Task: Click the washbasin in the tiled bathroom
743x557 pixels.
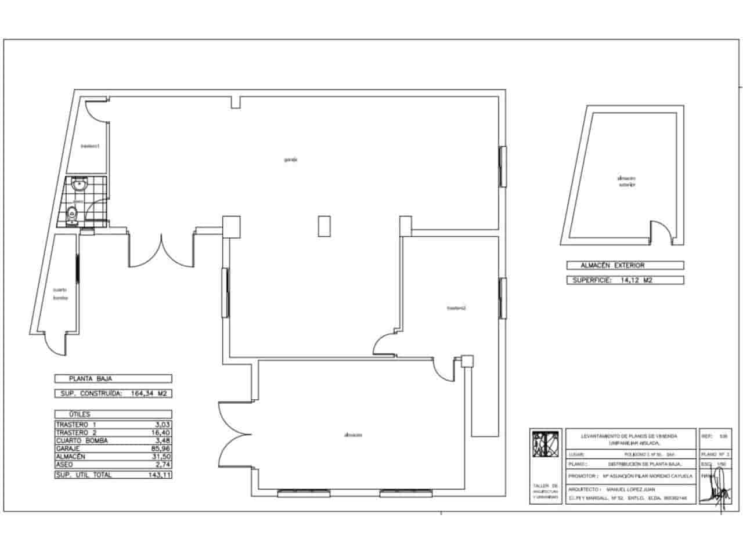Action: coord(79,185)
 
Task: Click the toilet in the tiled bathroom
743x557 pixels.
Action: coord(73,213)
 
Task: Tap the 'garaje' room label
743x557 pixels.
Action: coord(291,160)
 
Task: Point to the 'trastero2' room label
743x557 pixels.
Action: coord(457,308)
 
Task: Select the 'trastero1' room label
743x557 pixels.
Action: coord(91,146)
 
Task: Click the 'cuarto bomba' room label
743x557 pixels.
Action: coord(60,294)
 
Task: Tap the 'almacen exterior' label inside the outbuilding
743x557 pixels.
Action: coord(627,182)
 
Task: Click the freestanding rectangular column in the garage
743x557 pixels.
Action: coord(324,226)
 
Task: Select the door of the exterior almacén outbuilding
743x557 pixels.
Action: coord(662,233)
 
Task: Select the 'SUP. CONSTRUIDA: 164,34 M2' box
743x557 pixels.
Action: coord(113,393)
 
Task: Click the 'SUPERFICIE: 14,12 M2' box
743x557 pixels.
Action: coord(625,280)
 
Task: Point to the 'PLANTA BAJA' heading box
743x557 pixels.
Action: coord(113,378)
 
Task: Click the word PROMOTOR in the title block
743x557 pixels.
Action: coord(583,476)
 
